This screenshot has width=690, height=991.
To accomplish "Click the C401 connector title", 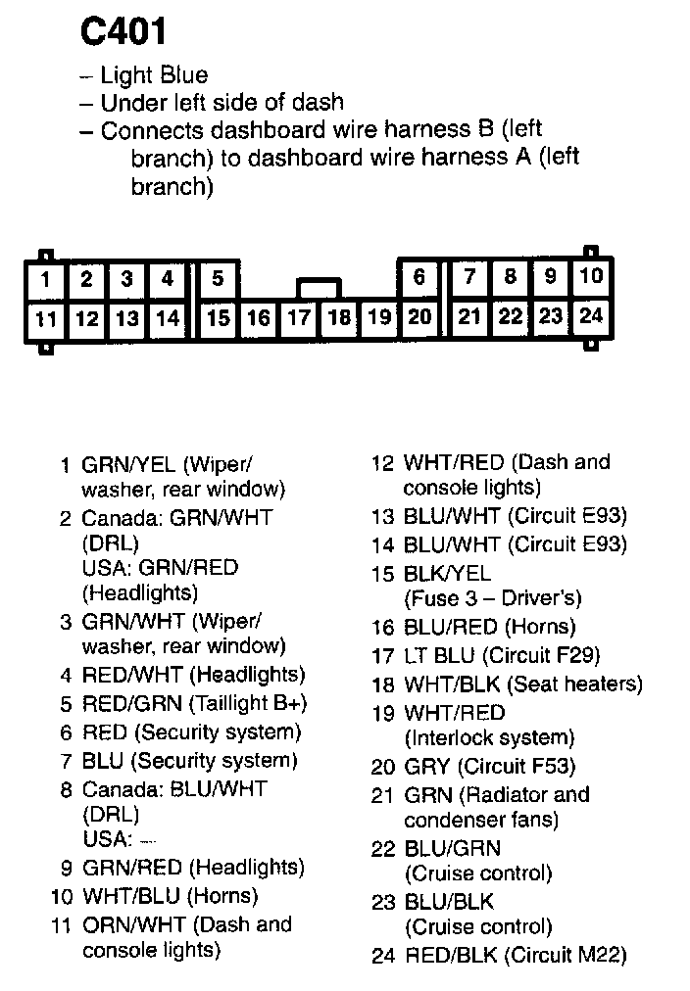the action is pyautogui.click(x=123, y=31).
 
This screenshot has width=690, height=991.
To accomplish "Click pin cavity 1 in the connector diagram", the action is pyautogui.click(x=45, y=280).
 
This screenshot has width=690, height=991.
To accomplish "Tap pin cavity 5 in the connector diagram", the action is pyautogui.click(x=218, y=279).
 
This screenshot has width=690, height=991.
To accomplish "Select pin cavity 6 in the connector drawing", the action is pyautogui.click(x=419, y=278).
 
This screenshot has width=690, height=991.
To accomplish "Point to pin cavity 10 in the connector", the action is pyautogui.click(x=590, y=277).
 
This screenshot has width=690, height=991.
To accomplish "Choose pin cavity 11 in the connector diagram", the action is pyautogui.click(x=45, y=318).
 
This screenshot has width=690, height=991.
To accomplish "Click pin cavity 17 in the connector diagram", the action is pyautogui.click(x=299, y=318).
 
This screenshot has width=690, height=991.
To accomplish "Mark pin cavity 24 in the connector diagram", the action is pyautogui.click(x=590, y=316).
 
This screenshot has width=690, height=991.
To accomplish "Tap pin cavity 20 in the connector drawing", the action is pyautogui.click(x=419, y=317).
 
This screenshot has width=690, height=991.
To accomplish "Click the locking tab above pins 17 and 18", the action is pyautogui.click(x=320, y=288).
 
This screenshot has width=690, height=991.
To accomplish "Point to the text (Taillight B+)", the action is pyautogui.click(x=245, y=703).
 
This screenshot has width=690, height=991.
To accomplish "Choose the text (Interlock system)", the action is pyautogui.click(x=488, y=737).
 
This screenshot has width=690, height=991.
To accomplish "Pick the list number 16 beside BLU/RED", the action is pyautogui.click(x=382, y=627).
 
